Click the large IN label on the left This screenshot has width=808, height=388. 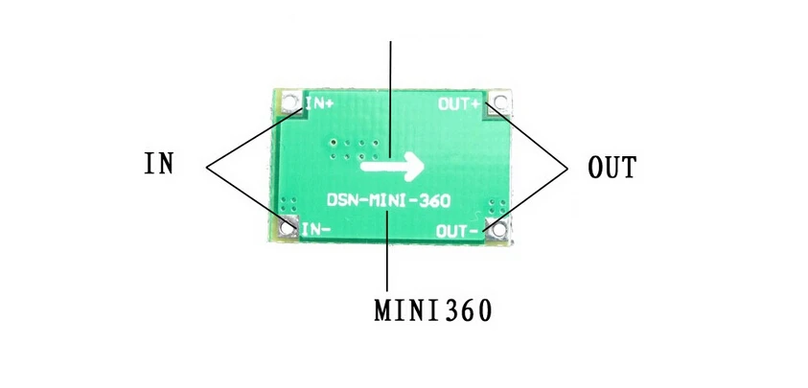(x=158, y=163)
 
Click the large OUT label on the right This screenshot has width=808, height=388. (x=612, y=169)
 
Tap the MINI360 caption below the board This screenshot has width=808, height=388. (x=433, y=310)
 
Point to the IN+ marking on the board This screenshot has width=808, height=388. (x=320, y=100)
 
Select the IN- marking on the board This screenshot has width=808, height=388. (x=317, y=230)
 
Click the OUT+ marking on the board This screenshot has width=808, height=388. (x=459, y=103)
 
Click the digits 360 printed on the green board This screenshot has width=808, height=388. (x=436, y=202)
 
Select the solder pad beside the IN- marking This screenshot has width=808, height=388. (x=286, y=228)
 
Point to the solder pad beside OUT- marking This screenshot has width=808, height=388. (x=496, y=228)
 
